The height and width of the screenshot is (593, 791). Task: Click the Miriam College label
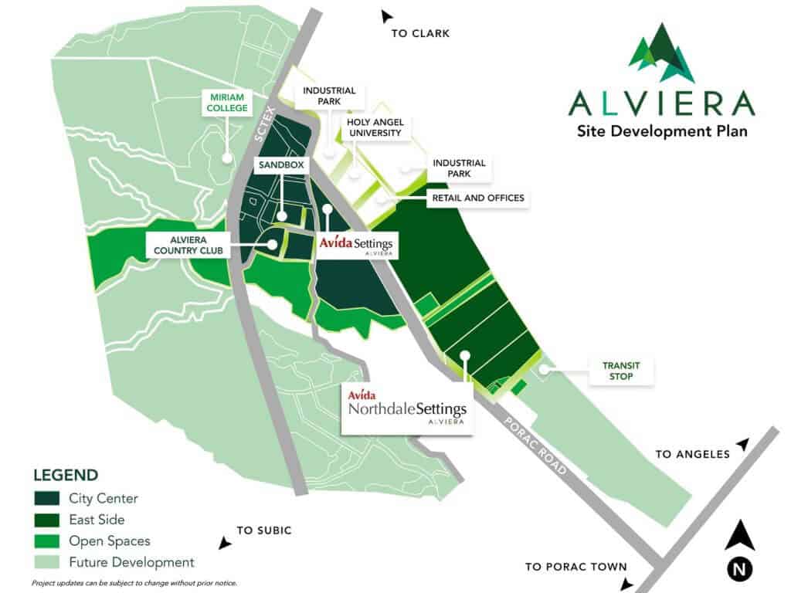click(x=226, y=103)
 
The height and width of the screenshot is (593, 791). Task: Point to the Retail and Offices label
click(x=477, y=198)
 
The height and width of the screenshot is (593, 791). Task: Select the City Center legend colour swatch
click(x=46, y=498)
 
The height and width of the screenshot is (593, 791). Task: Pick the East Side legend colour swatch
click(x=46, y=520)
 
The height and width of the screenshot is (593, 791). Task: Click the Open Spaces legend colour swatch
click(x=46, y=540)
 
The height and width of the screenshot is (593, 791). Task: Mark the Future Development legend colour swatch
click(x=46, y=562)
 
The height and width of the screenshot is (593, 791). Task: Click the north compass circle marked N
click(x=739, y=569)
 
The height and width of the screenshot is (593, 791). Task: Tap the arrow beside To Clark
click(x=385, y=15)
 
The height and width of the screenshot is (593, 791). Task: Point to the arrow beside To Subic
click(x=225, y=543)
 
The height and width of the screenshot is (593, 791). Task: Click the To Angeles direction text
click(x=692, y=454)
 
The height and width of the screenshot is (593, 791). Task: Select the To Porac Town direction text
click(x=575, y=567)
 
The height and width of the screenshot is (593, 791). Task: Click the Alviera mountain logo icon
click(x=660, y=53)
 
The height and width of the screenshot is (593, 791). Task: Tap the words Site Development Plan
click(x=662, y=130)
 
